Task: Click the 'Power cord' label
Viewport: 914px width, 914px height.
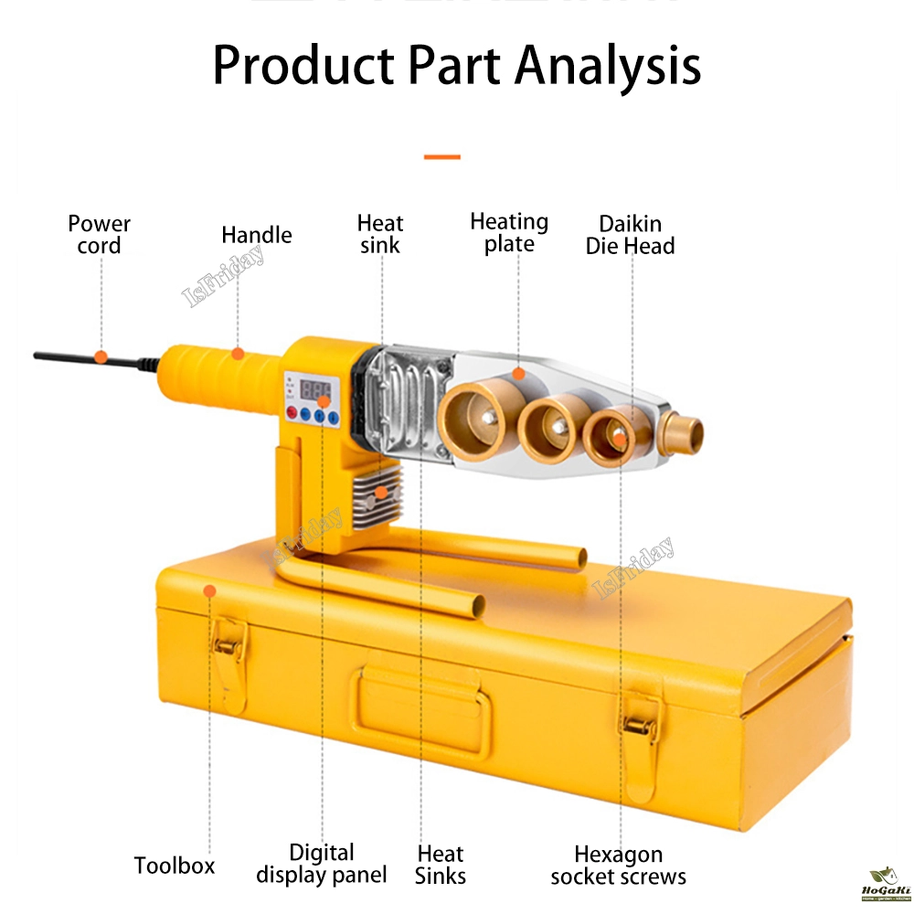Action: (99, 234)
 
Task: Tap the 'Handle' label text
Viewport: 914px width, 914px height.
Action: (257, 235)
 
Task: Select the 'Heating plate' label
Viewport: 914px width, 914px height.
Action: (509, 233)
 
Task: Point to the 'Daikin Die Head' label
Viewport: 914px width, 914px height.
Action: (630, 234)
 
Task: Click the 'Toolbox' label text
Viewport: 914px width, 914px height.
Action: (175, 865)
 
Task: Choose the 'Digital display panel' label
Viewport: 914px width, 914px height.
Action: (322, 864)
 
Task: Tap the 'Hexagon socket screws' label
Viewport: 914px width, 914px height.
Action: (618, 866)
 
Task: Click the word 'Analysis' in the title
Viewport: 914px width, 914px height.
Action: (608, 66)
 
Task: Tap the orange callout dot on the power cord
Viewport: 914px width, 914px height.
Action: (101, 356)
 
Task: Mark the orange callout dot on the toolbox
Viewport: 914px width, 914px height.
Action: (209, 591)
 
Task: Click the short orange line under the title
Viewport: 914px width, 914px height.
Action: (442, 157)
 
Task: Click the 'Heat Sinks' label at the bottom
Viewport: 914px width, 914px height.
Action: (441, 865)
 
